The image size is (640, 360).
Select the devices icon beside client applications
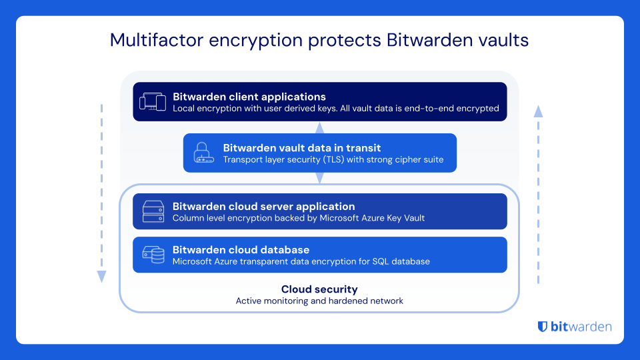pyautogui.click(x=152, y=101)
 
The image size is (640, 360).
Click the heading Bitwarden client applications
pyautogui.click(x=249, y=97)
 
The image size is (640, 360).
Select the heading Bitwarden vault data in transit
pyautogui.click(x=302, y=148)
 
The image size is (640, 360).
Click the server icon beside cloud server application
pyautogui.click(x=153, y=212)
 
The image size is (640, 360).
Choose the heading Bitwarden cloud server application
pyautogui.click(x=263, y=207)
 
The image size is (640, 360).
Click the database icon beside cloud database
pyautogui.click(x=153, y=255)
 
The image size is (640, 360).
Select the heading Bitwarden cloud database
pyautogui.click(x=241, y=250)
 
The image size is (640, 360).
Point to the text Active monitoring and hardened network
pyautogui.click(x=319, y=301)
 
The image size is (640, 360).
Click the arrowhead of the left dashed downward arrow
pyautogui.click(x=101, y=276)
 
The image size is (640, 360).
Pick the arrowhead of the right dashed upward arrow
pyautogui.click(x=538, y=111)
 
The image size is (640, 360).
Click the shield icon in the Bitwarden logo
pyautogui.click(x=543, y=327)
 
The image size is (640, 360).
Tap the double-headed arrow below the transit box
pyautogui.click(x=319, y=177)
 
